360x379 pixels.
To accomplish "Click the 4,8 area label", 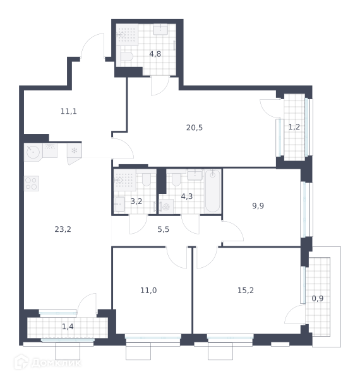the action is tap(155, 54).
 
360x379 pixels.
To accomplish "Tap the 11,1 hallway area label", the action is tap(69, 111).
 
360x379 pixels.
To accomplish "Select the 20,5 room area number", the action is tap(195, 128).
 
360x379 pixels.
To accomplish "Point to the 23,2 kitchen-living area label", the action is tap(63, 229).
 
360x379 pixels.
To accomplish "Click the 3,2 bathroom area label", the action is tap(136, 201).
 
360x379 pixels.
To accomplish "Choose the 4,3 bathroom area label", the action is tap(187, 196).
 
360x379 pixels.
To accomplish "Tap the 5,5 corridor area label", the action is tap(164, 229).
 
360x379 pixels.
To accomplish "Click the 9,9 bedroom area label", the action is tap(258, 206).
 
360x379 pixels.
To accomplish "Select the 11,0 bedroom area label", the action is tap(148, 290).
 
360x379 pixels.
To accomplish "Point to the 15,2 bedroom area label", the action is tap(246, 290).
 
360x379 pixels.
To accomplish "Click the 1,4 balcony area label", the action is tap(68, 327).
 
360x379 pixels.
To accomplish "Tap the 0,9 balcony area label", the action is tap(318, 299).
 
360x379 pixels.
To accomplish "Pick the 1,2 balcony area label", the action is tap(294, 127).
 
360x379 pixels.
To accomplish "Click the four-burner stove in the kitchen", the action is tap(32, 183).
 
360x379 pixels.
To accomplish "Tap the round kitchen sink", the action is tap(33, 152).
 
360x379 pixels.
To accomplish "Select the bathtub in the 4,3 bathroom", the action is tap(212, 191).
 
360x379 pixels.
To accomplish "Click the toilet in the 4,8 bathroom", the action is tap(126, 57).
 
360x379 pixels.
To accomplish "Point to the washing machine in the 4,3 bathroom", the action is tap(165, 207).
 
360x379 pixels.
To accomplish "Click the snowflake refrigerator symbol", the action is tap(74, 150).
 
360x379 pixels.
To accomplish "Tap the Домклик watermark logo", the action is tap(47, 363).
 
